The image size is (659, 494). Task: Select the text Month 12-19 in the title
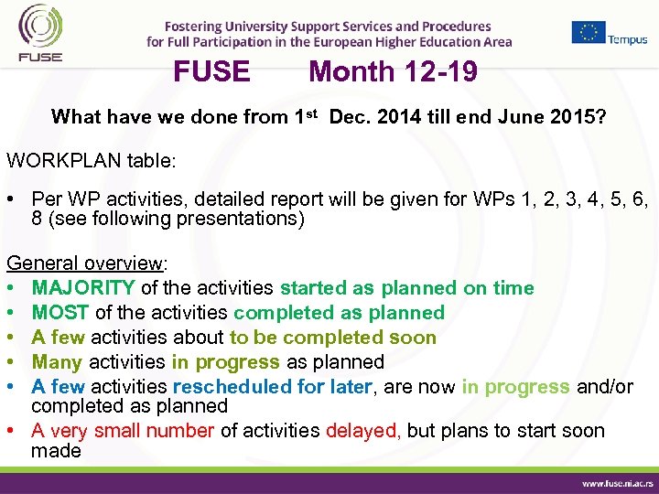[x=393, y=71]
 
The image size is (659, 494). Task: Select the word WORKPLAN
[x=57, y=160]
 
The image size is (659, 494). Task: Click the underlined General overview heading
[x=84, y=263]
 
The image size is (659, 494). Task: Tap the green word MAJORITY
[x=83, y=288]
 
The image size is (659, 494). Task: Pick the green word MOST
[x=60, y=313]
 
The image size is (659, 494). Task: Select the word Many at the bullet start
[x=57, y=362]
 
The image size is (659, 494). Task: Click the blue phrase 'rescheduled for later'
[x=273, y=387]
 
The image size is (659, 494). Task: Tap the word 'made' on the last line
[x=56, y=451]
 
